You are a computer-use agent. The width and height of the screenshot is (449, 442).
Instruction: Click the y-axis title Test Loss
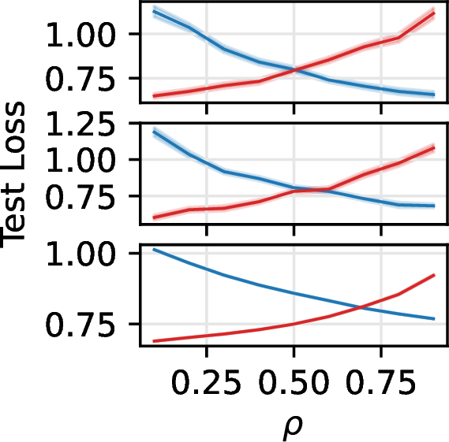click(x=13, y=175)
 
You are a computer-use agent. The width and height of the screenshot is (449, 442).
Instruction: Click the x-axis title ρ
click(x=293, y=427)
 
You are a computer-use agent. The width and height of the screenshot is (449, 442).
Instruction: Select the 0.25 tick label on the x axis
click(x=206, y=382)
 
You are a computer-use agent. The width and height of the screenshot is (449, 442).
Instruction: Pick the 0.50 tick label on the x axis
click(x=294, y=382)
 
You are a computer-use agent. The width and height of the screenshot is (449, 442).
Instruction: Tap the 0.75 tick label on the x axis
click(x=381, y=382)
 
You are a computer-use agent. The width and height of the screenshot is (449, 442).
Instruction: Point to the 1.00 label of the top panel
click(x=80, y=35)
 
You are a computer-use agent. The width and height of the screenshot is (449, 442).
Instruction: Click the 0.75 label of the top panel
click(x=80, y=78)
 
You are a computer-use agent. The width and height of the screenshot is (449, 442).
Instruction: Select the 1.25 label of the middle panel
click(x=80, y=124)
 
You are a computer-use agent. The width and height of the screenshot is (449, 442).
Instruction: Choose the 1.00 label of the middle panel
click(x=80, y=159)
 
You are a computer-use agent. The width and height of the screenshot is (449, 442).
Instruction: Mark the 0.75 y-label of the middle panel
click(x=80, y=196)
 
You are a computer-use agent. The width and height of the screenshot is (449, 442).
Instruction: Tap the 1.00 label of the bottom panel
click(x=80, y=254)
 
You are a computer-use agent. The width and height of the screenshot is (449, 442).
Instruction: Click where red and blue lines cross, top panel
click(x=294, y=69)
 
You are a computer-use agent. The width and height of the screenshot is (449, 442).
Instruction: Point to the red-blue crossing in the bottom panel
click(x=361, y=307)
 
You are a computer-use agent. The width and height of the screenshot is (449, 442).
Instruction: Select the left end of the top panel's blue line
click(x=154, y=12)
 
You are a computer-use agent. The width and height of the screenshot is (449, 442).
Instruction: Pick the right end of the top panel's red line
click(x=434, y=13)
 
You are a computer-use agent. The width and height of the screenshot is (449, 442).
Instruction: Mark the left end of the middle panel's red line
click(x=154, y=217)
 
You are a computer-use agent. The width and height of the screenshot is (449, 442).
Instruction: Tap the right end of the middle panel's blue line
click(x=434, y=206)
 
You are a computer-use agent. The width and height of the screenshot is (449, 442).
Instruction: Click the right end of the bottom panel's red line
click(x=434, y=275)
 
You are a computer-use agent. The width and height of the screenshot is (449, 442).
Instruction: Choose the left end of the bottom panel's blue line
click(x=154, y=250)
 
